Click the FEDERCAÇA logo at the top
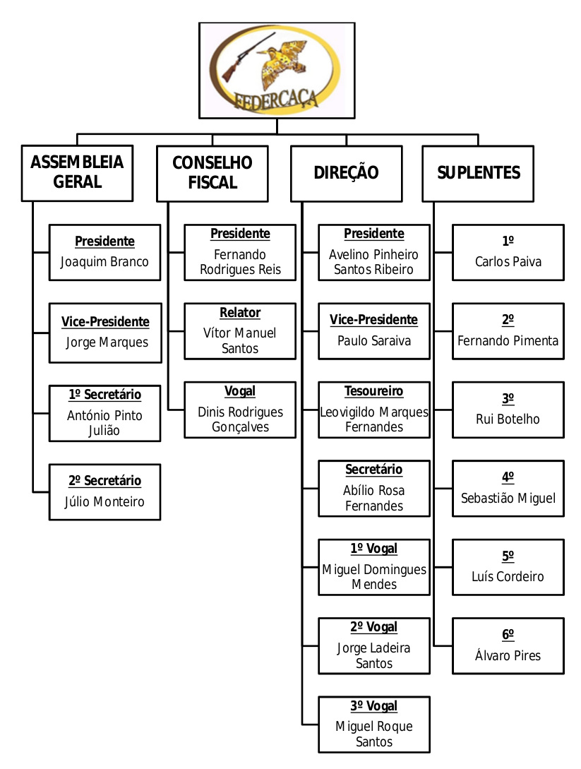coord(277,71)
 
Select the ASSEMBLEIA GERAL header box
coord(77,172)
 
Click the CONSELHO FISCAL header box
coord(212,173)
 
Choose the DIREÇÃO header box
coord(346,173)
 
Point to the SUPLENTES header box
coord(478,173)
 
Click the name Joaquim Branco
coord(104,262)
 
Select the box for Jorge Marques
coord(105,333)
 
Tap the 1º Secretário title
coord(104,395)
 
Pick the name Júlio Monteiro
coord(104,502)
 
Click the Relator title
coord(240,313)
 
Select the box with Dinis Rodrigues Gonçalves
coord(240,410)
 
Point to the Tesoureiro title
coord(374,391)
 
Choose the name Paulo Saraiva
coord(374,341)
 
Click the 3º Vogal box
coord(374,724)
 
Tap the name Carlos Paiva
coord(508,262)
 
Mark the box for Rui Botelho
coord(508,410)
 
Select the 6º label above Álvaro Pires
coord(508,635)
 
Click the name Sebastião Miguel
coord(508,499)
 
